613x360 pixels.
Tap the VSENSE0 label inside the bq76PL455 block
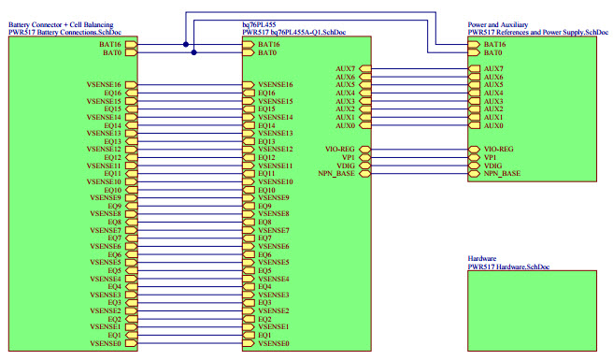pos(274,343)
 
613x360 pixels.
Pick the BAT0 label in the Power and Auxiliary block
pos(495,53)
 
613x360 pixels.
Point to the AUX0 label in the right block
pos(493,125)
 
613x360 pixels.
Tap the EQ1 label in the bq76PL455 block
pos(264,335)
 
